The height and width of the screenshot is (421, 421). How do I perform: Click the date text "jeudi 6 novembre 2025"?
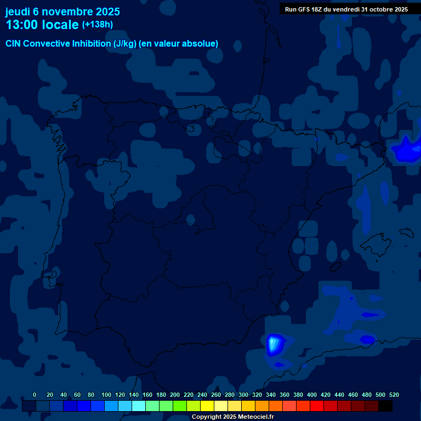pos(62,12)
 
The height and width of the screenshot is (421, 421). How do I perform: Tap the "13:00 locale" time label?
pos(42,25)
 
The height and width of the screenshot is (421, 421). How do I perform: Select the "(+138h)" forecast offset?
pos(97,25)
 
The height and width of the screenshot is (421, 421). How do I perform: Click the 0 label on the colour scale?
pos(35,395)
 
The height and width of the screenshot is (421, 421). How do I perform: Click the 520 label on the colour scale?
pos(394,395)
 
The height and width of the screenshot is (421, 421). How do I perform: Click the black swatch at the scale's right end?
pos(385,406)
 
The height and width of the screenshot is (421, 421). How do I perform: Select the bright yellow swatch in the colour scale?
pos(207,406)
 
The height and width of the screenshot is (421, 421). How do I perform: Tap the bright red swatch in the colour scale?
pos(317,406)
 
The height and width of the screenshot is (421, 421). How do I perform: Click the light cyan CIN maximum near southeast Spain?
pos(274,344)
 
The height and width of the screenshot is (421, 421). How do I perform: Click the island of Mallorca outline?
pos(378,242)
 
